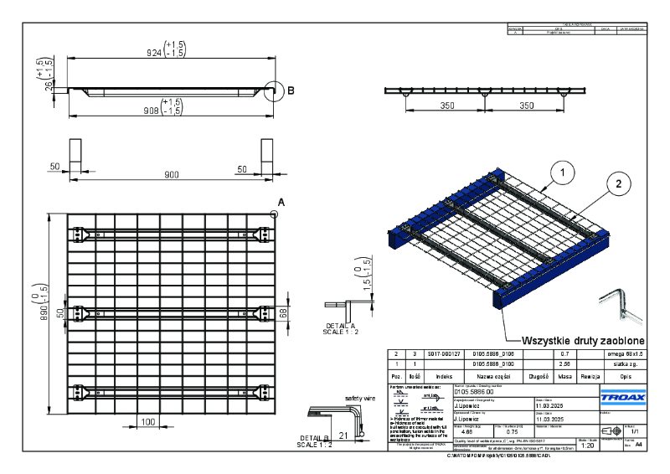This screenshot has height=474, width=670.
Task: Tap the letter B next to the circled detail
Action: click(291, 90)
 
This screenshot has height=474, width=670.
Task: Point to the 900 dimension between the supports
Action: click(171, 173)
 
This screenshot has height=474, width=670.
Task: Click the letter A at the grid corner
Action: click(281, 203)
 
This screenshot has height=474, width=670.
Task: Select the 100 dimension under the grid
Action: click(148, 421)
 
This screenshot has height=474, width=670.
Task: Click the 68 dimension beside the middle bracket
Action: click(283, 312)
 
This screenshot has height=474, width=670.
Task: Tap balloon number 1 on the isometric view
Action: click(564, 173)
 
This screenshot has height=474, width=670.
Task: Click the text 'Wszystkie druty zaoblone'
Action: click(583, 340)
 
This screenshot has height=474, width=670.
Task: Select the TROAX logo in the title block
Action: click(622, 394)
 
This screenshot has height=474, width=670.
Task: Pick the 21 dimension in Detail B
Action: click(343, 435)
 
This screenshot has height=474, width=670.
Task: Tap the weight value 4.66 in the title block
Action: click(459, 431)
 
